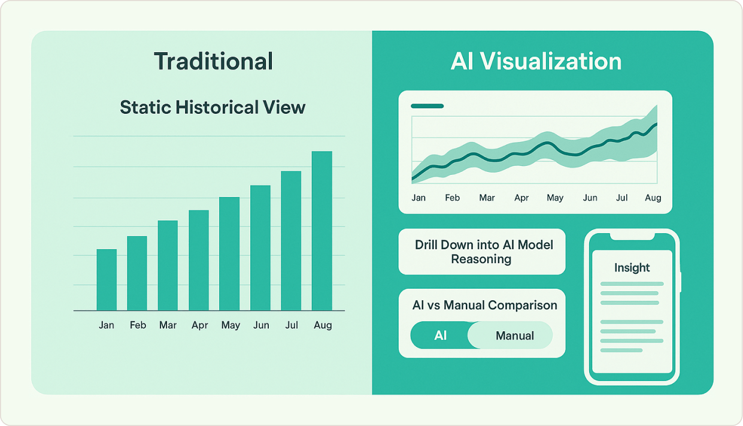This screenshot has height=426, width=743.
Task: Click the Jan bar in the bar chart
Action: [107, 280]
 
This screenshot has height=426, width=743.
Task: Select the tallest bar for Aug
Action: [322, 231]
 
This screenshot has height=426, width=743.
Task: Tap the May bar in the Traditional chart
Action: [229, 254]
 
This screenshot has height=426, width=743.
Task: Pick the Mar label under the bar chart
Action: [168, 325]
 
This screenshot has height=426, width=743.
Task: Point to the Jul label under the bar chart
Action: [292, 325]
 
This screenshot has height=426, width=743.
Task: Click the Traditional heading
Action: [213, 62]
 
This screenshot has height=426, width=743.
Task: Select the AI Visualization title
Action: [536, 62]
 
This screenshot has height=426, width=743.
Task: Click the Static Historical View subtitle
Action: [213, 107]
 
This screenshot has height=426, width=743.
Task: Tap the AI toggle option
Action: [440, 336]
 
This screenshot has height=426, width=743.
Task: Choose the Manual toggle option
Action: [514, 336]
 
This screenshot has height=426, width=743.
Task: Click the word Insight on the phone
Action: [632, 268]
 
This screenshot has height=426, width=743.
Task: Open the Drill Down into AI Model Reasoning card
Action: [482, 252]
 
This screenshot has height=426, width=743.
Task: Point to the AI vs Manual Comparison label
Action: [484, 305]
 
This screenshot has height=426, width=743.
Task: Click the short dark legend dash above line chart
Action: [427, 106]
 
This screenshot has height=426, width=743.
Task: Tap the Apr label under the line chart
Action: [521, 198]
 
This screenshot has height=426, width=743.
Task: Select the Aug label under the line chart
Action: [653, 198]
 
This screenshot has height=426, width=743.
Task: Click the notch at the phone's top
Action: [632, 237]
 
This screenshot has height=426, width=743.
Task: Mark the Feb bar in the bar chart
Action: [137, 273]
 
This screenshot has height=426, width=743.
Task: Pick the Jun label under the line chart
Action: [590, 198]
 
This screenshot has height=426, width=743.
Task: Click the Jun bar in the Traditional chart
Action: [260, 248]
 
